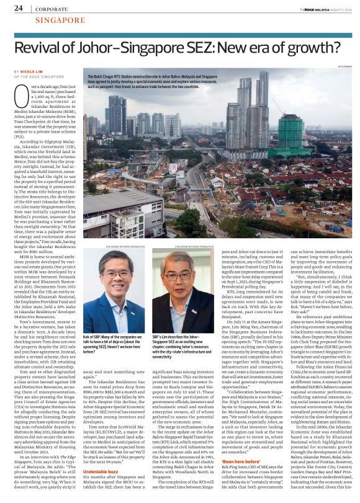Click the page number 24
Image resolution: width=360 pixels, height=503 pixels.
coord(19,9)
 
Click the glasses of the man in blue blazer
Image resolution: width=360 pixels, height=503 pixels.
coord(114,282)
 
